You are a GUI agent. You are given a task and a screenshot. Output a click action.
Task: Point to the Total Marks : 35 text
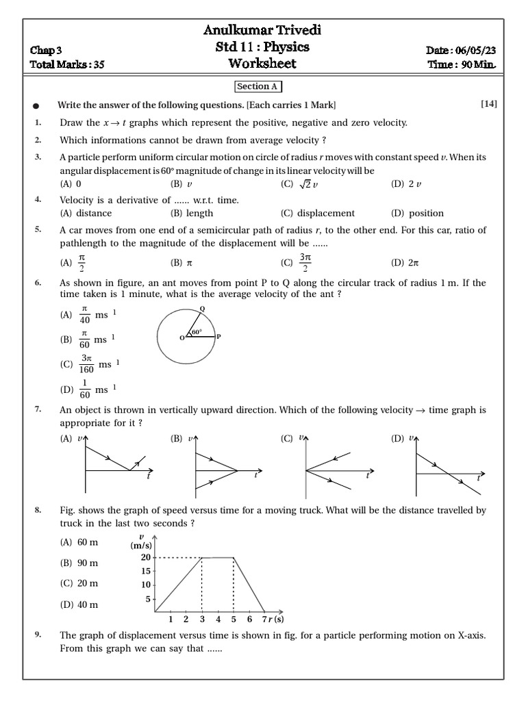click(x=67, y=65)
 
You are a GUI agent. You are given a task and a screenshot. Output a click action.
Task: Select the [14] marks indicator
click(x=488, y=104)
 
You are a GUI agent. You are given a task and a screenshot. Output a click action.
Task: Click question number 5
click(x=38, y=230)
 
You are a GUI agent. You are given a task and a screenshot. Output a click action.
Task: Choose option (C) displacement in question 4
click(x=318, y=213)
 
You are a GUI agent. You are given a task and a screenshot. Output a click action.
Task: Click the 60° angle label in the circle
click(x=197, y=332)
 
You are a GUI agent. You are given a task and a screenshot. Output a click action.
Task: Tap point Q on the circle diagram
click(x=201, y=309)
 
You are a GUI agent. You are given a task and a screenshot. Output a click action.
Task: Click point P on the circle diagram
click(x=218, y=337)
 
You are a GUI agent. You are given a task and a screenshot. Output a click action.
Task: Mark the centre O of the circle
click(x=181, y=337)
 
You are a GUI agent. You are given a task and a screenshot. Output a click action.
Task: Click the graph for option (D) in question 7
click(x=449, y=466)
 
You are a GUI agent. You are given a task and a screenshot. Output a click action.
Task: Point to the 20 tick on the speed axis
click(x=146, y=558)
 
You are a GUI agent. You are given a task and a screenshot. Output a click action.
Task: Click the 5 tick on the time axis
click(x=234, y=620)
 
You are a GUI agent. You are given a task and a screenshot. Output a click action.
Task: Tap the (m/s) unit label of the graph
click(x=140, y=546)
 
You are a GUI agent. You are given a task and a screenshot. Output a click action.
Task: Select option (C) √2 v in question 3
click(x=300, y=184)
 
